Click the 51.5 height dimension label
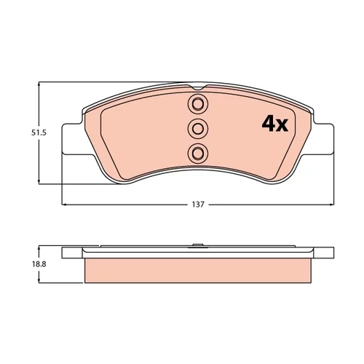point(39,132)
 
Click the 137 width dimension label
point(198,205)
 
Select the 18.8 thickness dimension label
point(39,264)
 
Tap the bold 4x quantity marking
point(274,124)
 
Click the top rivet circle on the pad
point(198,103)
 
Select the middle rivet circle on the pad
point(198,128)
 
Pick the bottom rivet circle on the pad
point(198,153)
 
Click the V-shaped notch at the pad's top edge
point(198,87)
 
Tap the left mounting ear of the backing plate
point(72,139)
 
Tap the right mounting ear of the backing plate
point(324,139)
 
